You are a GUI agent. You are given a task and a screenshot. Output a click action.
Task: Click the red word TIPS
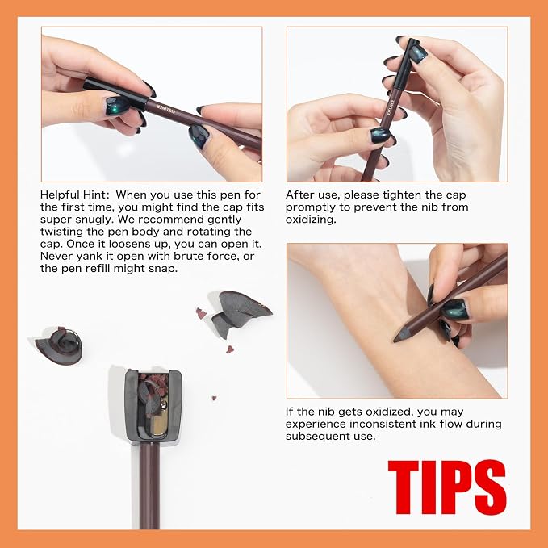(x=447, y=487)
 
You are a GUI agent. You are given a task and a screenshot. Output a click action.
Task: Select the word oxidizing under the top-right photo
(x=311, y=220)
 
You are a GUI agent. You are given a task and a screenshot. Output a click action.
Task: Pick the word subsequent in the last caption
(x=329, y=437)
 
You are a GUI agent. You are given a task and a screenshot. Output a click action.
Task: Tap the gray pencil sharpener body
(x=153, y=405)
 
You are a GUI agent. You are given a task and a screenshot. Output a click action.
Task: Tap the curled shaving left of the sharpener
(x=60, y=345)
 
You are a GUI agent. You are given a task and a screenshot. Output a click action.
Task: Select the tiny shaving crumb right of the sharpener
(x=214, y=398)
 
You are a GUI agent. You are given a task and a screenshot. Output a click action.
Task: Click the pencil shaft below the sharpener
(x=149, y=486)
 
